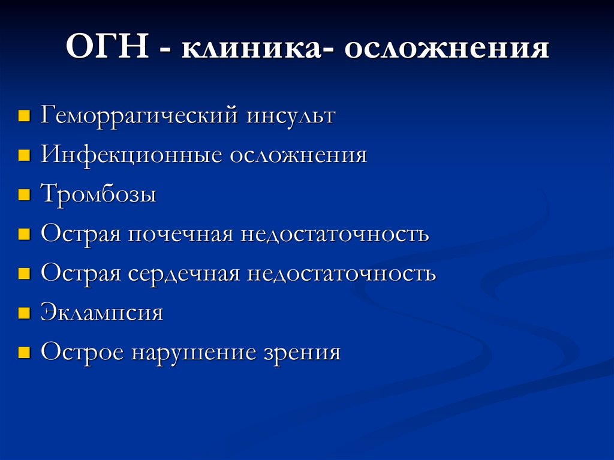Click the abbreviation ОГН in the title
(108, 49)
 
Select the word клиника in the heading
(251, 49)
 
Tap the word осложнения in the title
(446, 49)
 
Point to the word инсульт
(290, 115)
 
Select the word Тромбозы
(98, 194)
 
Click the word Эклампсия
(102, 312)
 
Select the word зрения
(302, 353)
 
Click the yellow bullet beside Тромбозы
(24, 196)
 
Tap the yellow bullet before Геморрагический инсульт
(24, 116)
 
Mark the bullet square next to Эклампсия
(24, 313)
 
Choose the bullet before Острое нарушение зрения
(24, 353)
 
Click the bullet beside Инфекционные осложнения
(24, 156)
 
